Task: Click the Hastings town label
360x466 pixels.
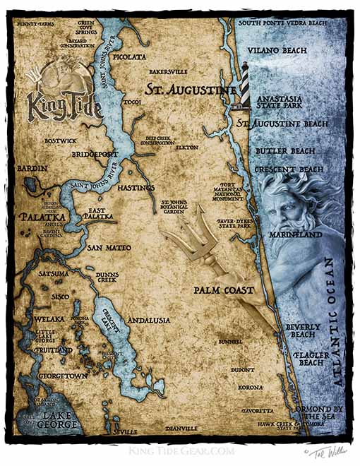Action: coord(132,189)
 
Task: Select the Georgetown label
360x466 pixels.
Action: coord(63,376)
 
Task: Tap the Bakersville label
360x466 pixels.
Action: coord(168,72)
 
